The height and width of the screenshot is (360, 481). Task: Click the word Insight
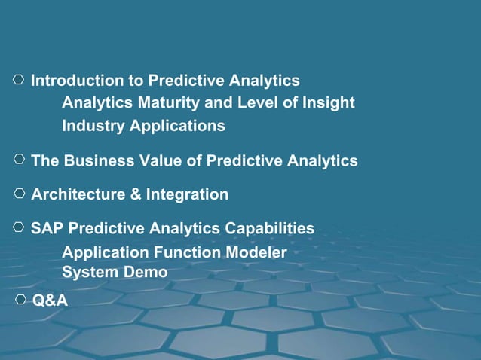point(326,103)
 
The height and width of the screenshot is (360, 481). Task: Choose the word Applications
point(177,126)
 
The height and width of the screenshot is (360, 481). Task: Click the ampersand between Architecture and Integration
point(136,195)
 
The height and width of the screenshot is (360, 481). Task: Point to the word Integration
point(187,195)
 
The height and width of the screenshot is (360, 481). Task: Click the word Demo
point(147,272)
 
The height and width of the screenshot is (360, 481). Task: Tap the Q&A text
point(50,301)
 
